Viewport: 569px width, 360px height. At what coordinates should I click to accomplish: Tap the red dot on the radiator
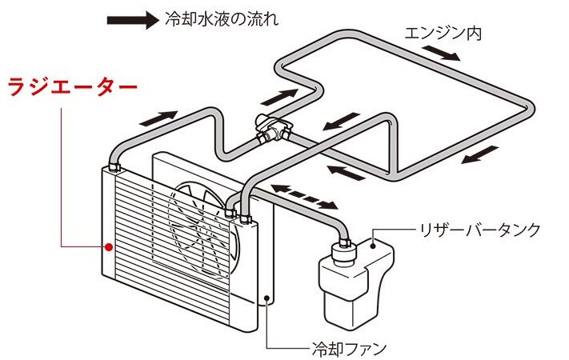106,248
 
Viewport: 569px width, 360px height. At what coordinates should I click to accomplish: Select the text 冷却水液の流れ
221,19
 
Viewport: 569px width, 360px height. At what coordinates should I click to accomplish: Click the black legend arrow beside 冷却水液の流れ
131,20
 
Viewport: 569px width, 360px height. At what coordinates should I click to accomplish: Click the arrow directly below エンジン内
442,53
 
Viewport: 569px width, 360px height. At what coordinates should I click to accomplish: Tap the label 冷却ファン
349,348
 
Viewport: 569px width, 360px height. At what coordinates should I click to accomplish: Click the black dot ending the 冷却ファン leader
266,301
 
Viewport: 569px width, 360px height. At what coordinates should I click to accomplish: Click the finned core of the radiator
136,240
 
